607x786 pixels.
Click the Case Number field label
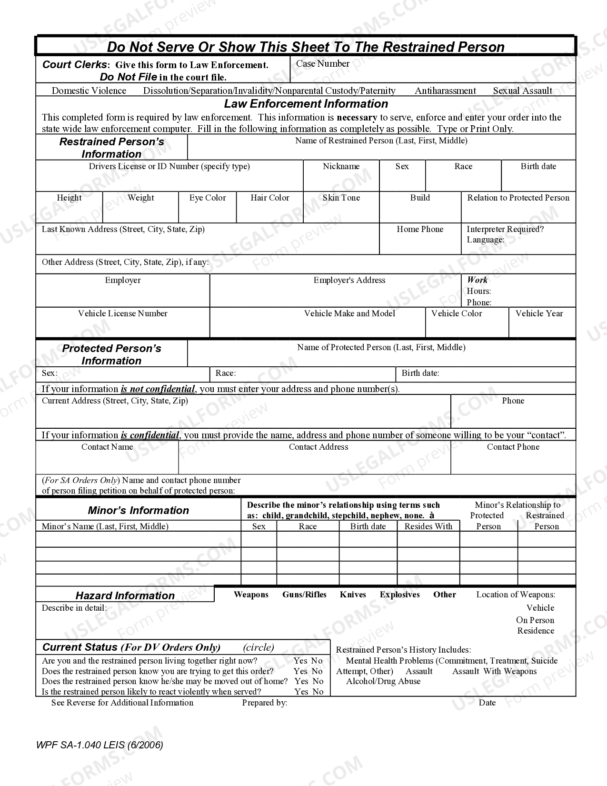322,64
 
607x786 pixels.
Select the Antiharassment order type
445,91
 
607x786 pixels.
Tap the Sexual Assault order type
522,91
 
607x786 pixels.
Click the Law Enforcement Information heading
306,104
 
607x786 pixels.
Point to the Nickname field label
341,166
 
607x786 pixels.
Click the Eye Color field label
207,198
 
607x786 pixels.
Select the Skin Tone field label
341,198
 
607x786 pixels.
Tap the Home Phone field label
419,229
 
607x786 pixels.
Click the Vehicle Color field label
456,313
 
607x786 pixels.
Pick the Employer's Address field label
349,280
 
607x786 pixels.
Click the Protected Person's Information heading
111,354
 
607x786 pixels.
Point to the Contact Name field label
107,447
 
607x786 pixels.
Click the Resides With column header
428,526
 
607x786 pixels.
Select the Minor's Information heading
138,511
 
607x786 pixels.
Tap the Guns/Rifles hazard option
304,595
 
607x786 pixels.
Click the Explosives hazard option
399,595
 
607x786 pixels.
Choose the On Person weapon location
535,620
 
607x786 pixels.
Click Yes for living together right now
300,661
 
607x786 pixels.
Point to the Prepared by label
264,703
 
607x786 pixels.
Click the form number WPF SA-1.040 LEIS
99,745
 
